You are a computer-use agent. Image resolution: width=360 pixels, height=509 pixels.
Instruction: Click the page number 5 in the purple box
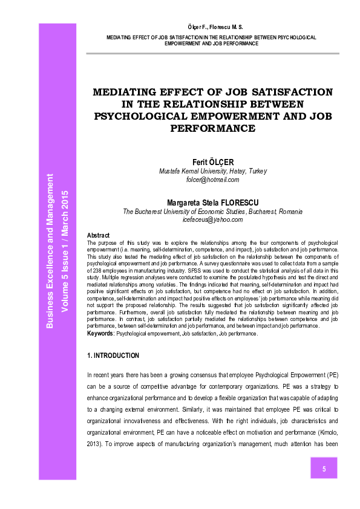point(324,469)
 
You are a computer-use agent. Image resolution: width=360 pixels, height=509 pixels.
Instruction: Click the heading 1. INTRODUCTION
point(113,355)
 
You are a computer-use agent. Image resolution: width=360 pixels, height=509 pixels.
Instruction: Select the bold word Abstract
point(99,235)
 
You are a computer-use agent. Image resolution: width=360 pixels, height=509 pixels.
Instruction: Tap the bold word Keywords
point(100,333)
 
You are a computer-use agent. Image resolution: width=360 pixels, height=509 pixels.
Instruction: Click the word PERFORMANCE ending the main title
point(212,128)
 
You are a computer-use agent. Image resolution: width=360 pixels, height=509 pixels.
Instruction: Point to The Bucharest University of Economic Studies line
point(212,212)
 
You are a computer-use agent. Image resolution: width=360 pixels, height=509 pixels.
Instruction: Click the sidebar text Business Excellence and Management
point(51,251)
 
